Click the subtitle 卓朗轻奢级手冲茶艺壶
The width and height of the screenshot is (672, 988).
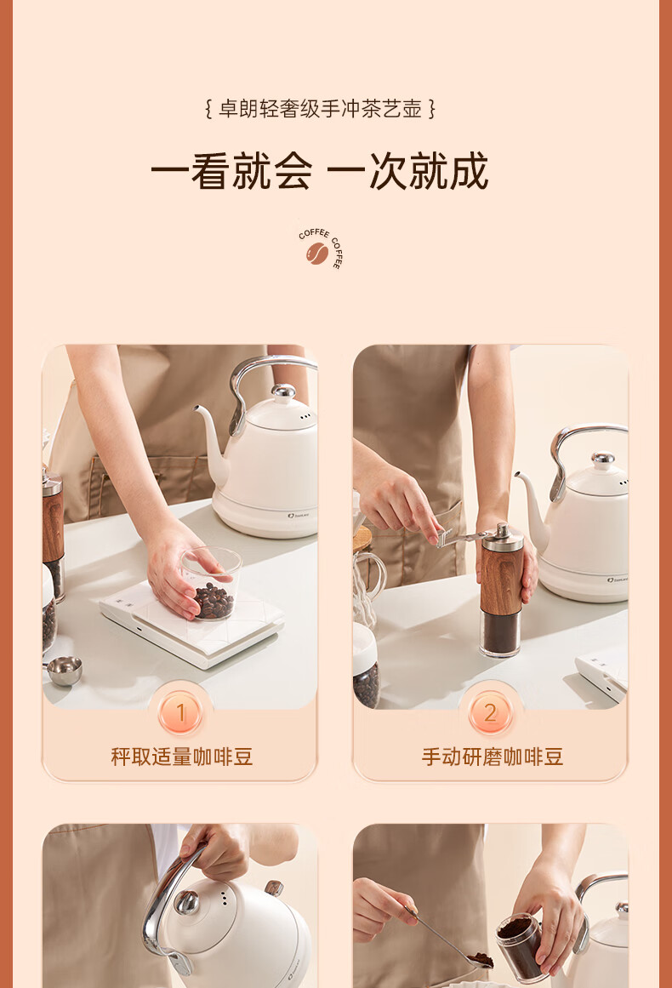point(320,109)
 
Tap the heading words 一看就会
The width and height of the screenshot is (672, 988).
point(231,171)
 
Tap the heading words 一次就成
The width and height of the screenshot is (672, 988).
point(408,171)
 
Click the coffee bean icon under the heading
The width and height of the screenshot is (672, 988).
point(317,254)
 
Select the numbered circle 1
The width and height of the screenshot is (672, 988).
point(180,712)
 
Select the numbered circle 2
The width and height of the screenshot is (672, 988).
point(490,712)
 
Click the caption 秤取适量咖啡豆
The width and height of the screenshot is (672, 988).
point(181,757)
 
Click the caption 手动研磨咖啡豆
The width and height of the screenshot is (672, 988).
point(492,757)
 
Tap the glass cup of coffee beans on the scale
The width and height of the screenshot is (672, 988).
point(212,583)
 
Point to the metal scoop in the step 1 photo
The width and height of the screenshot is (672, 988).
point(65,670)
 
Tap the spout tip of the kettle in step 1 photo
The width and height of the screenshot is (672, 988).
point(197,408)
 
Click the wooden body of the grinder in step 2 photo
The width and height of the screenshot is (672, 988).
point(501,580)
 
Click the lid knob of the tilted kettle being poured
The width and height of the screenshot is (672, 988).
point(186,902)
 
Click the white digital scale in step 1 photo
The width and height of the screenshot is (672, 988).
point(192,622)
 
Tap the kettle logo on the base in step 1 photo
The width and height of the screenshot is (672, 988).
point(298,516)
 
